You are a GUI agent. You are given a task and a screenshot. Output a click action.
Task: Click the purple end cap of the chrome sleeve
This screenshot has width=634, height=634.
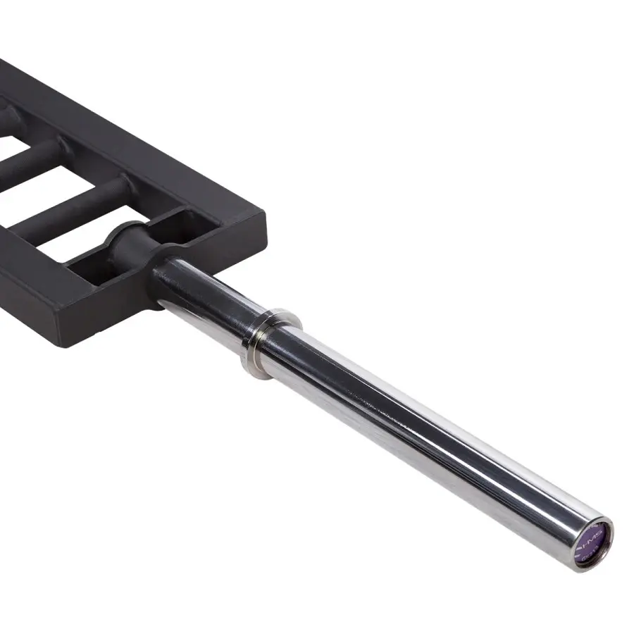click(x=591, y=542)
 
